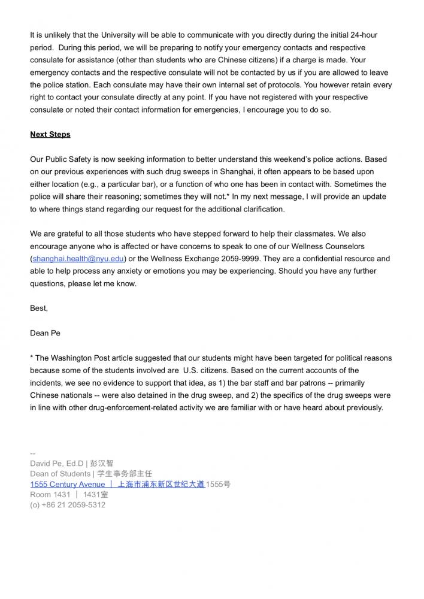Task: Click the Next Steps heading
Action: (50, 134)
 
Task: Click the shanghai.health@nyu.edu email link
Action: (78, 259)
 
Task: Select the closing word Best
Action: (38, 308)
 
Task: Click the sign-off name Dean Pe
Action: (46, 333)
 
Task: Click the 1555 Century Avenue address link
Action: (68, 484)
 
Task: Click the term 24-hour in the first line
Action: (363, 35)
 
